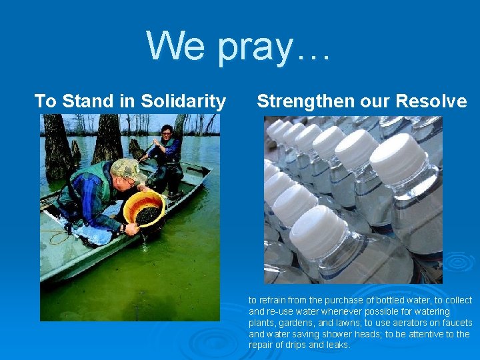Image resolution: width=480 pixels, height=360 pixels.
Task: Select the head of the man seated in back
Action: point(167,131)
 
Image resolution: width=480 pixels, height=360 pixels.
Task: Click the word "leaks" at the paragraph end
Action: point(336,345)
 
